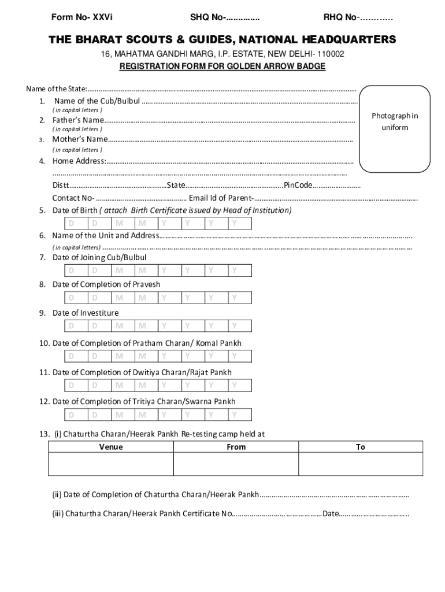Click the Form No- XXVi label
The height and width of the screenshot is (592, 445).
(x=80, y=18)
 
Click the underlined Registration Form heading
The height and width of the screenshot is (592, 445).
(x=222, y=66)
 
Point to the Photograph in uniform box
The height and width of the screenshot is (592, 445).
(x=395, y=128)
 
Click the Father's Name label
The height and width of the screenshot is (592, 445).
(x=78, y=120)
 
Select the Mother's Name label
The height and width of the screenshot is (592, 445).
(x=80, y=139)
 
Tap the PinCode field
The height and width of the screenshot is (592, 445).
(x=338, y=186)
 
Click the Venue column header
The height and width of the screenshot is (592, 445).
(x=110, y=447)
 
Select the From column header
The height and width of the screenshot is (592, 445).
(x=236, y=447)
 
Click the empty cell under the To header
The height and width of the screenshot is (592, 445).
(x=361, y=464)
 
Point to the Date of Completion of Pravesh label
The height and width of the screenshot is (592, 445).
(x=106, y=284)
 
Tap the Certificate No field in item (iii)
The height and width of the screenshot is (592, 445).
(x=277, y=513)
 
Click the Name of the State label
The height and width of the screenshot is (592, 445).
(x=56, y=88)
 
